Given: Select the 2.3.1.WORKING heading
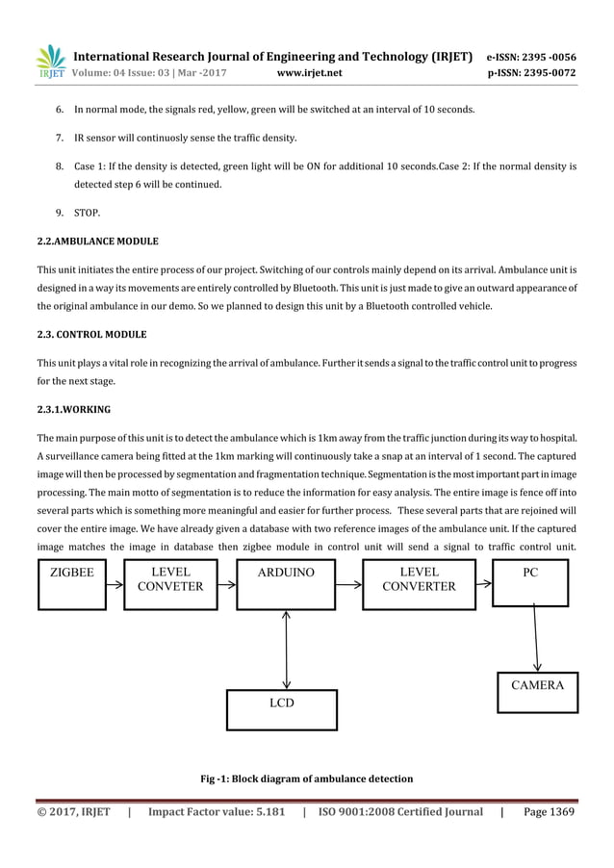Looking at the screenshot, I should tap(73, 409).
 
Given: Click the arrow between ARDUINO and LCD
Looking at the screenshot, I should tap(287, 649).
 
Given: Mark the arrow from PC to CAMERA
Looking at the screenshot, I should tap(536, 639).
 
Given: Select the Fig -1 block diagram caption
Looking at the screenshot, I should tap(306, 779).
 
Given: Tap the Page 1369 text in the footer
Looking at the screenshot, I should tap(549, 812).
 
